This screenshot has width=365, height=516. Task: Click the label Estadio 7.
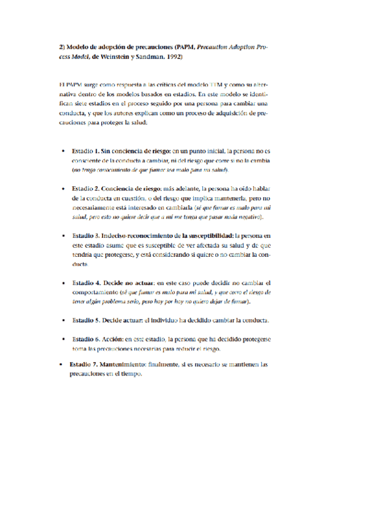(x=83, y=364)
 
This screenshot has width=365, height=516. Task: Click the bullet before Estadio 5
(x=63, y=319)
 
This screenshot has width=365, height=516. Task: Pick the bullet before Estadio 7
(x=60, y=364)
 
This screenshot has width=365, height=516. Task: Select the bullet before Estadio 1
(x=63, y=150)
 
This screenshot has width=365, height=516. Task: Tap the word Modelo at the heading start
(x=80, y=46)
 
